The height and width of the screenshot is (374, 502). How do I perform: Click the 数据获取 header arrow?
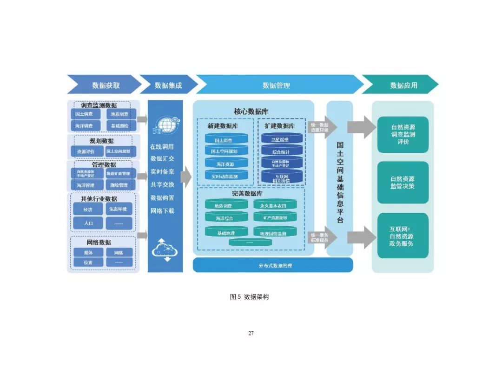click(x=105, y=85)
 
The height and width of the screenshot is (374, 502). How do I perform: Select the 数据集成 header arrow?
click(x=168, y=85)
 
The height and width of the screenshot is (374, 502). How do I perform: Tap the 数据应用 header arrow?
click(x=403, y=85)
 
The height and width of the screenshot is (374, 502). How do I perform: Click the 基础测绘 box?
click(x=119, y=125)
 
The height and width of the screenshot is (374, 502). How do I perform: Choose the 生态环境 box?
click(x=119, y=209)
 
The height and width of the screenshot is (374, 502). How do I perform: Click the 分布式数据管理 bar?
click(x=273, y=265)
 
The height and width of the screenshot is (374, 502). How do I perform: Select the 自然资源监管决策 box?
click(x=403, y=182)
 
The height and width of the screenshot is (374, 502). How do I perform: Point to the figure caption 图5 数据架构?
click(x=249, y=296)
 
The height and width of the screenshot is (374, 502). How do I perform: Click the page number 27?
click(x=251, y=333)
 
